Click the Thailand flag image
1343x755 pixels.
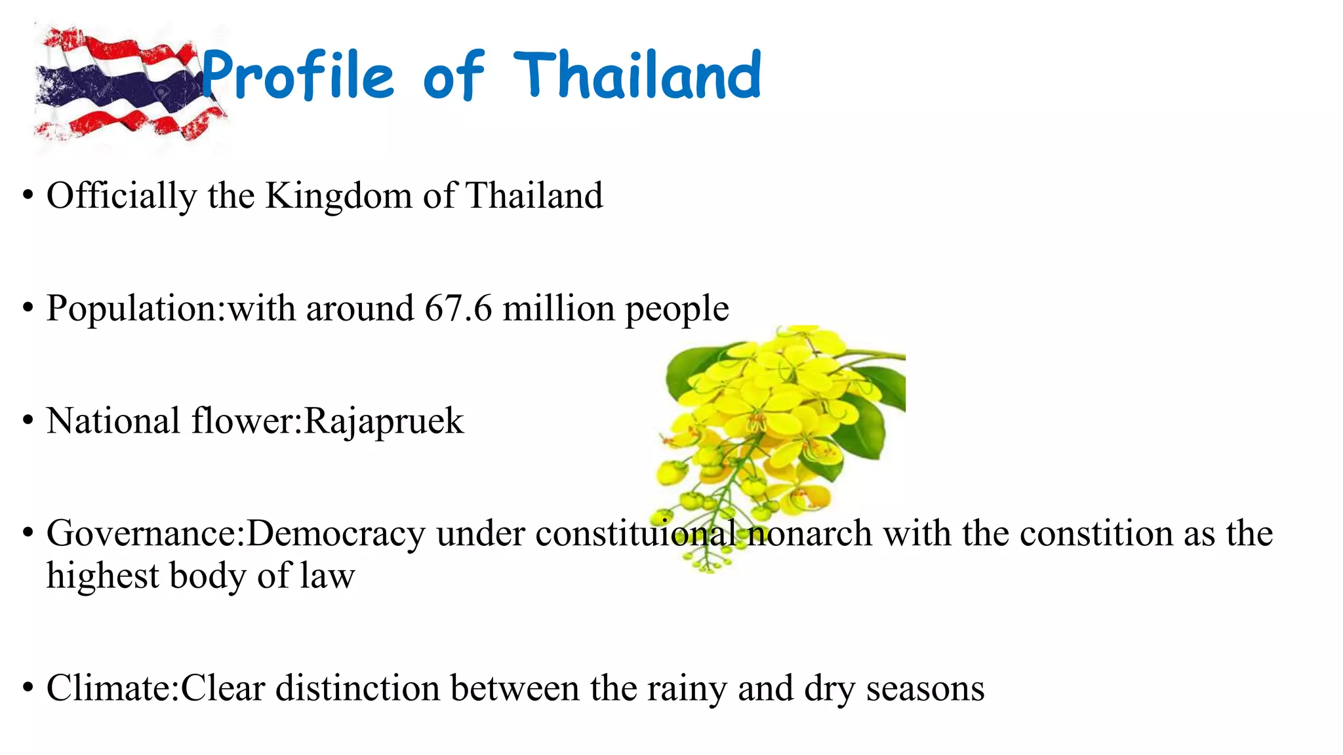125,85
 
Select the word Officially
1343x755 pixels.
121,196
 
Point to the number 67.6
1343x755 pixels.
458,308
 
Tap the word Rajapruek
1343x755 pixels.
384,421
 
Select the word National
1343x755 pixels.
113,421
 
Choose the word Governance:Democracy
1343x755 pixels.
236,533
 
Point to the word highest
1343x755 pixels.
103,577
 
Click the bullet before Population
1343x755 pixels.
28,308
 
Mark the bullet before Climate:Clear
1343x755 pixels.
28,688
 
